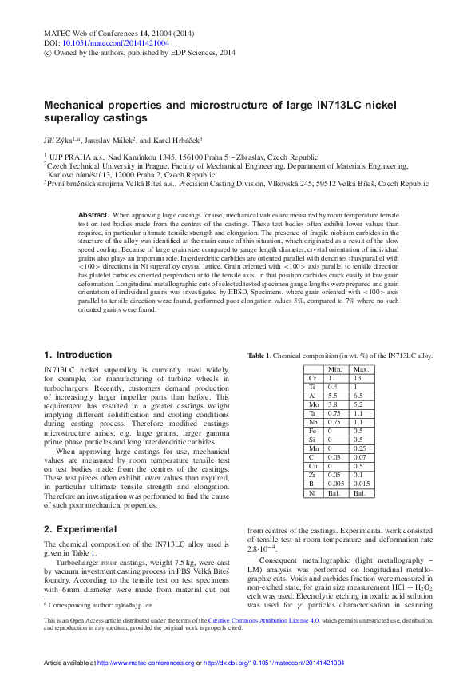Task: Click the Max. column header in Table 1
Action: pos(361,369)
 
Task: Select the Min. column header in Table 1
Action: pos(335,369)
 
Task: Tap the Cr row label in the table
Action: pos(312,377)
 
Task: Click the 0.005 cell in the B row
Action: pos(335,483)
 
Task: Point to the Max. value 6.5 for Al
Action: pos(361,395)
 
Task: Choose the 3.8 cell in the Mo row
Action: pos(335,404)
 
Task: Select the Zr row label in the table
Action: pos(312,474)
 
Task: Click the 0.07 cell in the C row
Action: pos(361,456)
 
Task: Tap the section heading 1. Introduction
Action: pos(78,355)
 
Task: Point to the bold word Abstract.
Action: pos(93,216)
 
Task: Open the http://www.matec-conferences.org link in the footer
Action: pos(144,663)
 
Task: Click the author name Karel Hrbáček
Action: pos(177,138)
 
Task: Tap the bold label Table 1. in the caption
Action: pos(260,356)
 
